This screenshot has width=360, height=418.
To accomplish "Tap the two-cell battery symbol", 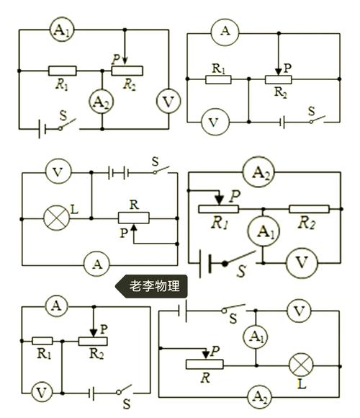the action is point(119,173).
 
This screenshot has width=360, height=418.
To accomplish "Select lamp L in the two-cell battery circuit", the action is point(57,218).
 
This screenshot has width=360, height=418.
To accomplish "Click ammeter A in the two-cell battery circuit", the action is point(96,264).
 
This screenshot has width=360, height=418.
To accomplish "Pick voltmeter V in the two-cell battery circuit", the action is point(58,172).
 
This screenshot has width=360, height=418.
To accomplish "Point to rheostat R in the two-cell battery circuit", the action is point(134,218).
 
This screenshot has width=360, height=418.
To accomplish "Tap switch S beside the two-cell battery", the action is point(161,170).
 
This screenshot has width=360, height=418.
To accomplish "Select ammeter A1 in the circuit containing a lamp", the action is point(256,337).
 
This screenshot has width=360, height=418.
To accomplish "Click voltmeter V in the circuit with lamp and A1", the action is point(299,311).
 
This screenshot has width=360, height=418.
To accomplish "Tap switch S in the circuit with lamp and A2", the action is point(233,308).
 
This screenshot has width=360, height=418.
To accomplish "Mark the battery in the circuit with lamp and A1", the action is point(183,311).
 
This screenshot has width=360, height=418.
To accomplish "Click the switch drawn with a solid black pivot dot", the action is point(239,257).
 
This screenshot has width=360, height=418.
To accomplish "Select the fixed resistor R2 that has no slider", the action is point(309,209).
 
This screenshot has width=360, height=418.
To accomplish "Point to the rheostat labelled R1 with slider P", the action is point(218,209).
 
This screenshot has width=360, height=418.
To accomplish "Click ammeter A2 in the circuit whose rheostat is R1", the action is point(258,172).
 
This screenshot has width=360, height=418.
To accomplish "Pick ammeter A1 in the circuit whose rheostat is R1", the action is point(263,231).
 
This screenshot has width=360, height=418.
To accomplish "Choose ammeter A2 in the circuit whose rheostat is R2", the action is point(102,102).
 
